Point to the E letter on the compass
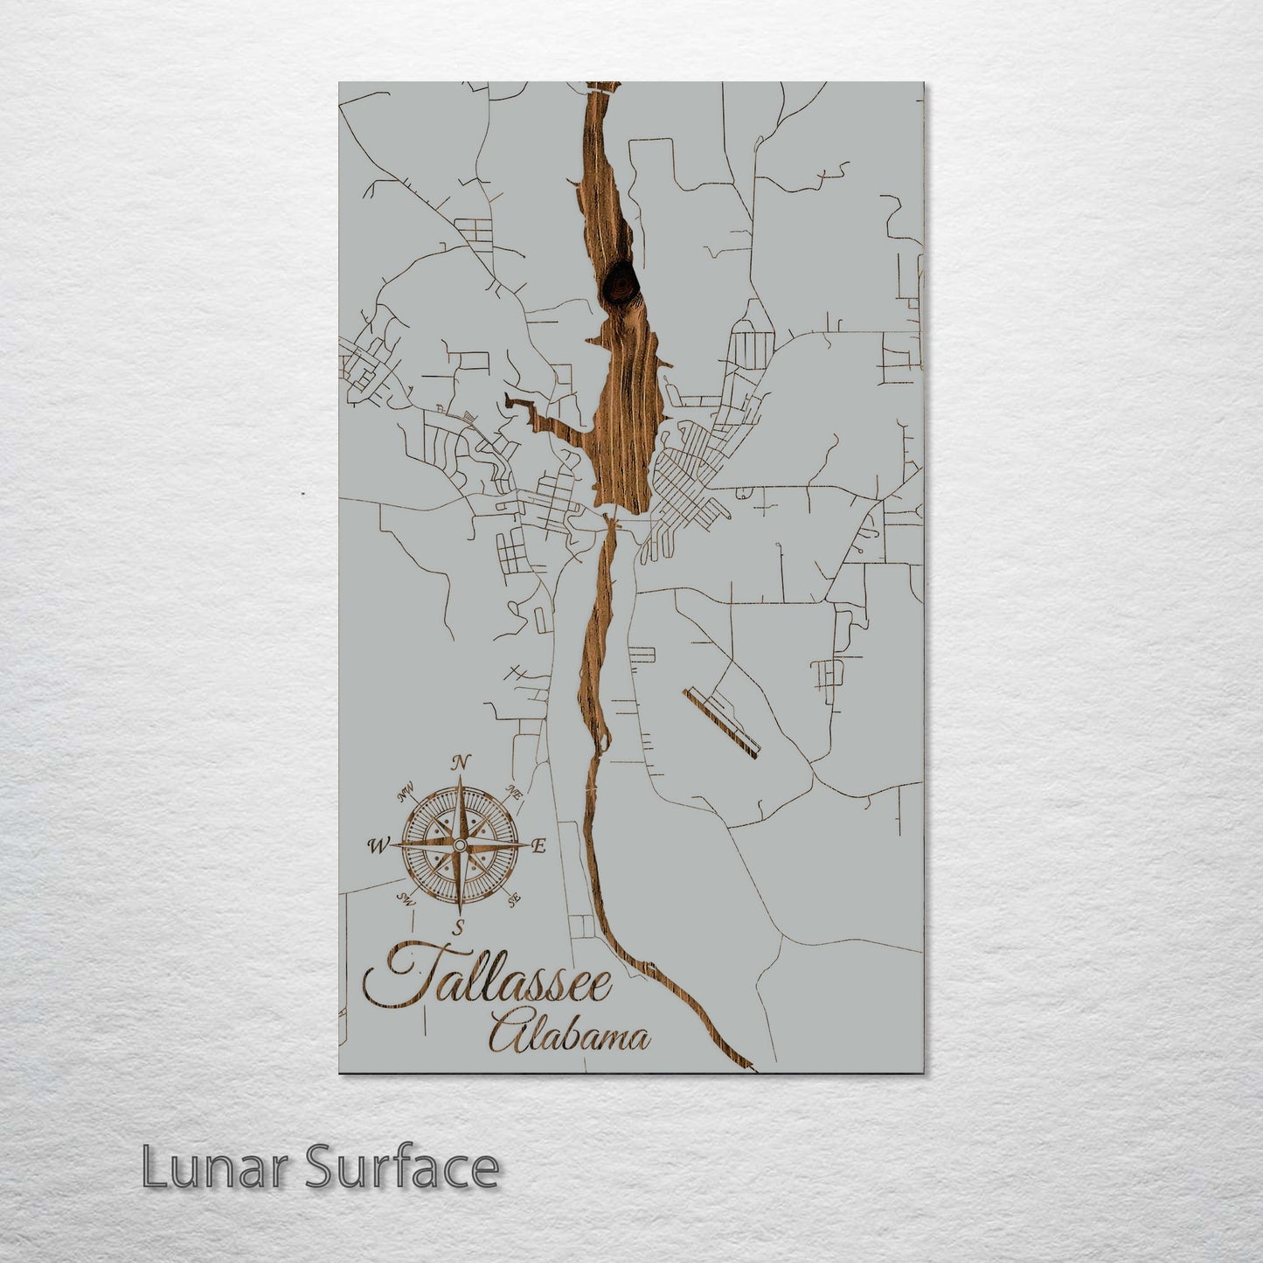(x=539, y=845)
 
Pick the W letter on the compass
(x=378, y=845)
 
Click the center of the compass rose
(x=458, y=845)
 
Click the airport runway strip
(x=722, y=719)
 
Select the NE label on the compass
(x=515, y=795)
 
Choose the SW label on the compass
(x=405, y=898)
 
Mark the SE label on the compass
(x=514, y=898)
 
